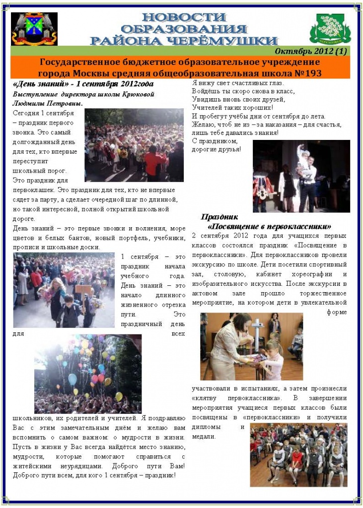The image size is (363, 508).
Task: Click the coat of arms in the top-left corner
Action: click(x=34, y=28)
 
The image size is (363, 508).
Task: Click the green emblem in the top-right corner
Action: click(x=330, y=29)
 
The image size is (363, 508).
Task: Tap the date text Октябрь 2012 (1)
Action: click(x=310, y=51)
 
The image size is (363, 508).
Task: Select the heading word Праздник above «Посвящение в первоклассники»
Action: click(x=219, y=217)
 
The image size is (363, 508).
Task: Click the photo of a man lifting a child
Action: click(x=301, y=176)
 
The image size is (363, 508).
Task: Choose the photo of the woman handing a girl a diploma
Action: click(x=251, y=346)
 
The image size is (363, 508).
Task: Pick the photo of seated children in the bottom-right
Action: click(x=298, y=454)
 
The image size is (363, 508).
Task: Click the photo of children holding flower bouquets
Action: click(x=64, y=290)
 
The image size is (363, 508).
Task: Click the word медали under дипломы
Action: click(x=203, y=437)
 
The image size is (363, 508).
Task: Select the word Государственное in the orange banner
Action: click(x=79, y=63)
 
